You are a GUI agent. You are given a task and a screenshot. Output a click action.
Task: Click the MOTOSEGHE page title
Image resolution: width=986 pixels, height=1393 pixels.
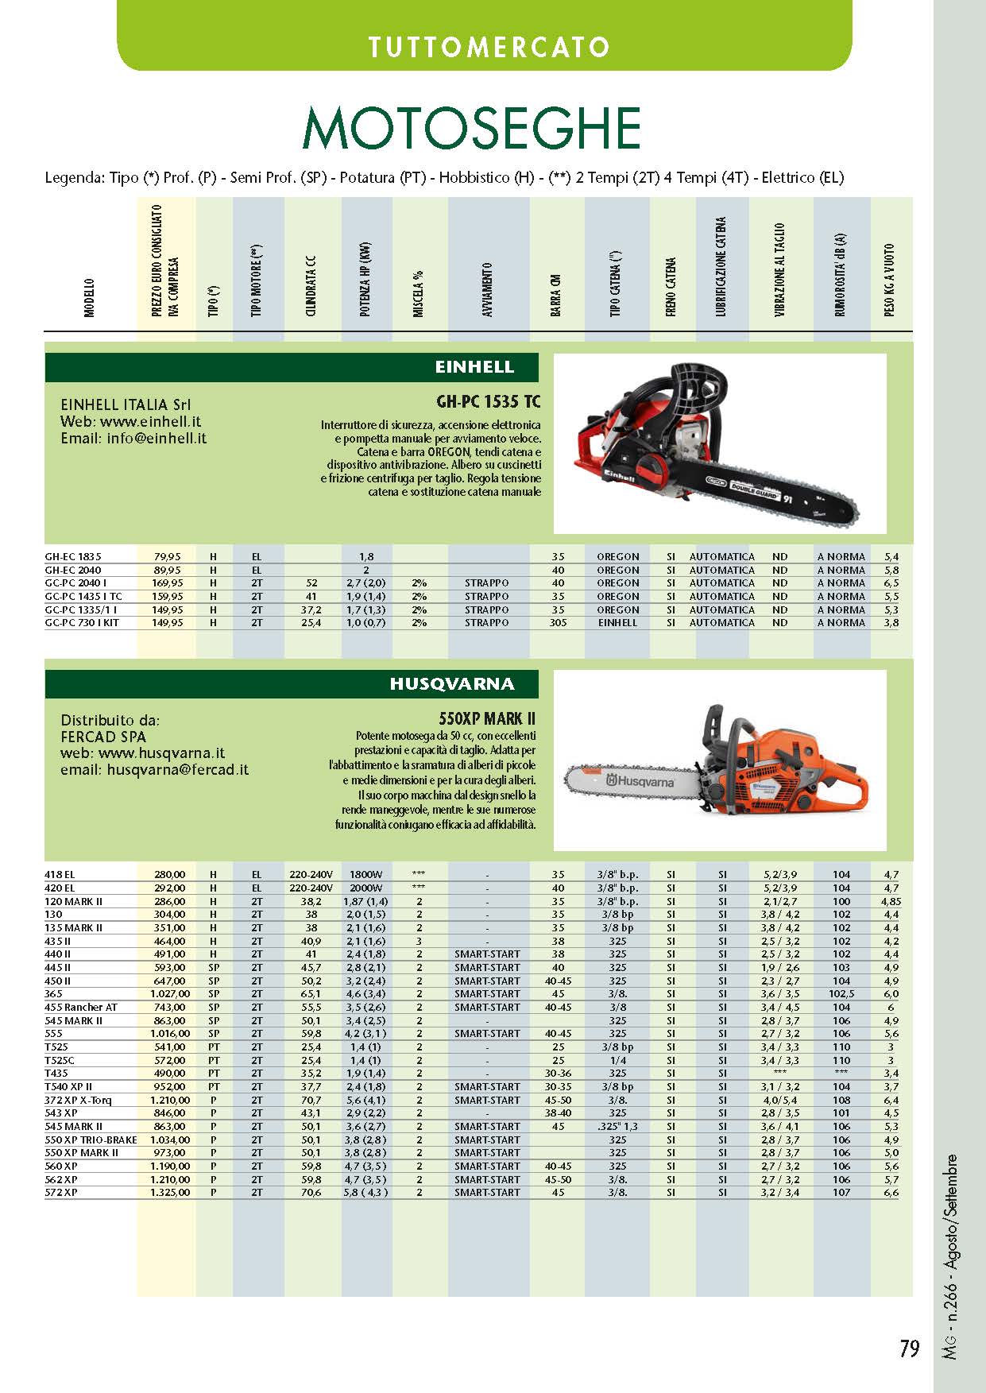coord(471,127)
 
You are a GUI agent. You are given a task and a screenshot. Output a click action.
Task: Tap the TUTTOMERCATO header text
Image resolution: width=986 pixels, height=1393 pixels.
coord(488,47)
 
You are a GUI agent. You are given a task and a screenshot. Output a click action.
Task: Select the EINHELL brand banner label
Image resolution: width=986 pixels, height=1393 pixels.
coord(474,367)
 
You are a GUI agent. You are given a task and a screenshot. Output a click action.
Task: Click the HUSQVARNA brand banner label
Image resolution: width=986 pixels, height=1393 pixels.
coord(451,684)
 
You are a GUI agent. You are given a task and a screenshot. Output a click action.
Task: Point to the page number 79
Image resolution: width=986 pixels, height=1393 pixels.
coord(910,1349)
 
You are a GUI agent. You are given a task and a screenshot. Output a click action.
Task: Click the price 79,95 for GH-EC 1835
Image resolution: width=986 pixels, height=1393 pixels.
coord(167,557)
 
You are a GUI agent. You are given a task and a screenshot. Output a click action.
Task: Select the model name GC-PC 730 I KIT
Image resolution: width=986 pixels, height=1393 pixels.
coord(82,623)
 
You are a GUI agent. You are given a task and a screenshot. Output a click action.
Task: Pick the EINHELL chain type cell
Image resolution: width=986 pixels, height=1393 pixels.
coord(617,623)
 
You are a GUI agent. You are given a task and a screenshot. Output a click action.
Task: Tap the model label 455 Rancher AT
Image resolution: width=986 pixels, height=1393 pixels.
coord(81,1008)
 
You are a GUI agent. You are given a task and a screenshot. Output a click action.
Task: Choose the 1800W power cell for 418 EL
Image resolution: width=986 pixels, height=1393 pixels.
coord(365,875)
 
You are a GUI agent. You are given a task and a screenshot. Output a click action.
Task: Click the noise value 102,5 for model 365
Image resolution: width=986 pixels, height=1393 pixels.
coord(841,994)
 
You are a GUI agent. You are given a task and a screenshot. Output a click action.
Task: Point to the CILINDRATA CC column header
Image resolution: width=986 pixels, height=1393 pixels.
coord(311,286)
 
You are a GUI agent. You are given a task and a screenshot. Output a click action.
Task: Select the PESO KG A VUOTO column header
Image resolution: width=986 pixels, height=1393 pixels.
coord(890,280)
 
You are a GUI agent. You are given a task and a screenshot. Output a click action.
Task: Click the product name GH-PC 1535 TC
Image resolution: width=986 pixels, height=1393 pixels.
coord(488,401)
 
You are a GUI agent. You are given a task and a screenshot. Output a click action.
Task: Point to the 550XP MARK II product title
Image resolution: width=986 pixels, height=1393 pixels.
coord(487,719)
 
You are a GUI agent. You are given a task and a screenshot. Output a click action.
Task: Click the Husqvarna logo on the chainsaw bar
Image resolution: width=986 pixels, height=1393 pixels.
coord(640,782)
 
